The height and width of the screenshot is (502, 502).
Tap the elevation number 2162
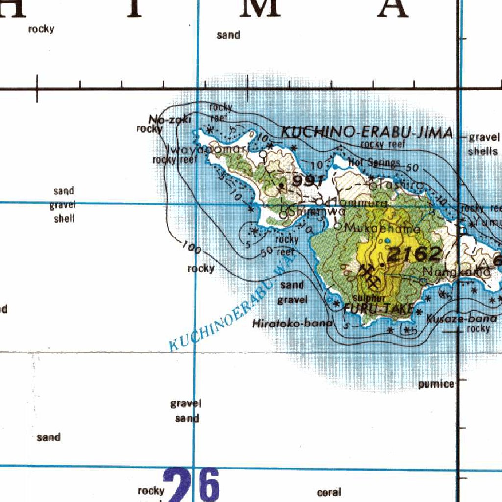click(415, 254)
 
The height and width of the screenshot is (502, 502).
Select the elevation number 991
click(307, 181)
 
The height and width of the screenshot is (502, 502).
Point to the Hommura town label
click(357, 202)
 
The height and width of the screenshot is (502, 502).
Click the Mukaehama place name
click(383, 228)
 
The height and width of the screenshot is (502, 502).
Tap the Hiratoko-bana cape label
click(292, 324)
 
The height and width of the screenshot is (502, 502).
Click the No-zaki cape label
click(163, 119)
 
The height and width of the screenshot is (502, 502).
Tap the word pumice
click(436, 384)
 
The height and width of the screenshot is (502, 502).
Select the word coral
click(329, 492)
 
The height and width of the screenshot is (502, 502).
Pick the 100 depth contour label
click(191, 248)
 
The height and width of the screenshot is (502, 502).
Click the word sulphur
click(370, 298)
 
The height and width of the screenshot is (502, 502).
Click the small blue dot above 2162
click(387, 240)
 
